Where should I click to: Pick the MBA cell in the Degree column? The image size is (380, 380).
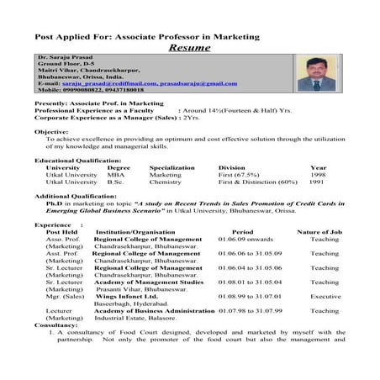pyautogui.click(x=115, y=174)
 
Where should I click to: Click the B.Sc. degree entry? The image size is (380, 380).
pyautogui.click(x=115, y=182)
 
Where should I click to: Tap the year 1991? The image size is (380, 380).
pyautogui.click(x=316, y=182)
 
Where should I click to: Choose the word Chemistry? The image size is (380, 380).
pyautogui.click(x=165, y=182)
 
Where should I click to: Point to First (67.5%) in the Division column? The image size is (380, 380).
pyautogui.click(x=238, y=174)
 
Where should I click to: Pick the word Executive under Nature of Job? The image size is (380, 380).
pyautogui.click(x=325, y=296)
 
